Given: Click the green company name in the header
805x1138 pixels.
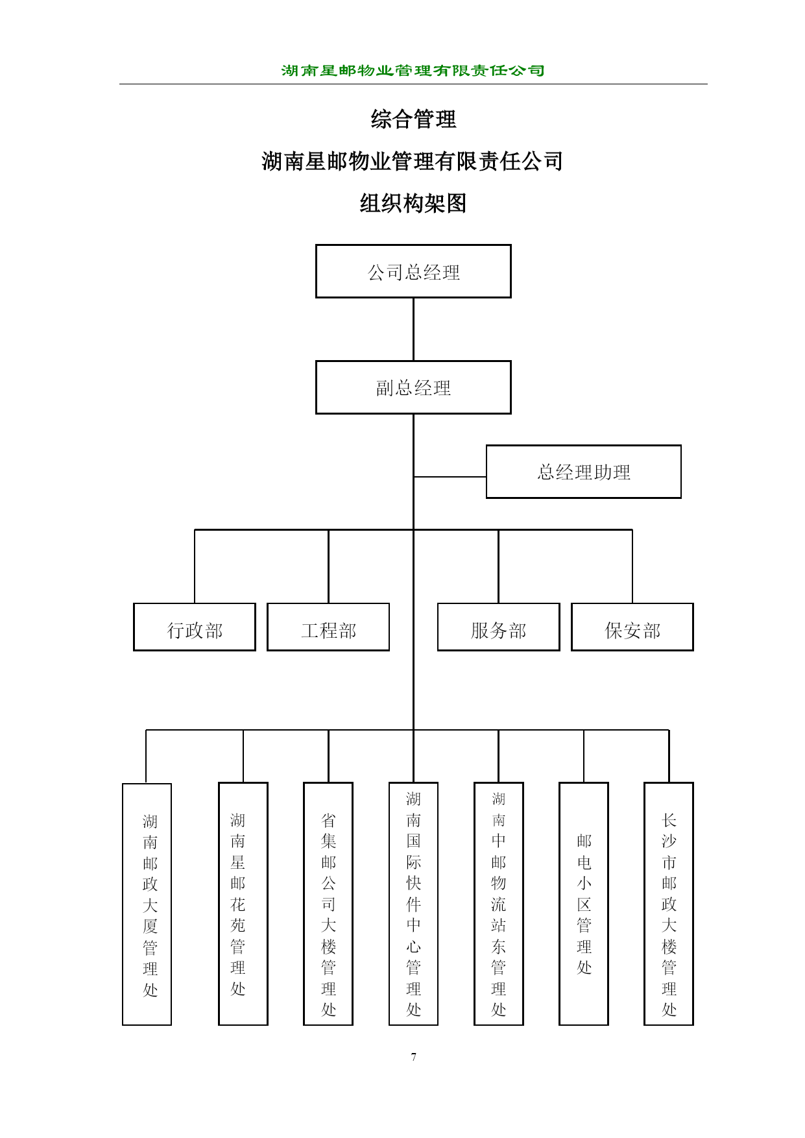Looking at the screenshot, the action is (x=413, y=70).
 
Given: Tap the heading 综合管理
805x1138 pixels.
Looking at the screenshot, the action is (x=413, y=119).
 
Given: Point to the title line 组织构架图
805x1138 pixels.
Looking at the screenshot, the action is (x=413, y=204).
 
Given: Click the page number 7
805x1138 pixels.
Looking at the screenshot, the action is (x=413, y=1057).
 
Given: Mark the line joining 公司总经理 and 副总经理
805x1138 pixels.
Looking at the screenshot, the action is (x=413, y=330).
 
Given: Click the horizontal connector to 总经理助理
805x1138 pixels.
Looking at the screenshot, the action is (x=450, y=477).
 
